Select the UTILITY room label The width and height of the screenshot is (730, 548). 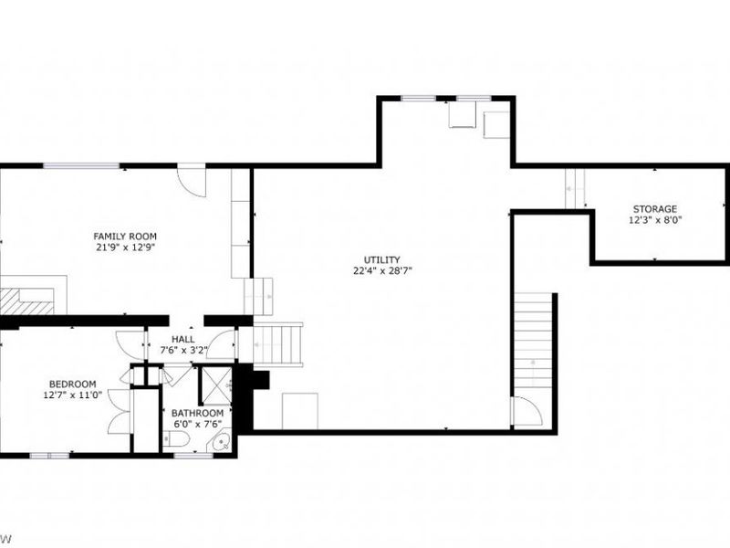(x=381, y=259)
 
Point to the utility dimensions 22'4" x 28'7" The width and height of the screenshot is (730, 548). (x=381, y=271)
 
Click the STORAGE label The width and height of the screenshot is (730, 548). (x=655, y=209)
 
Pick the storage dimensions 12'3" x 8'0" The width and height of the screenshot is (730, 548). (x=655, y=220)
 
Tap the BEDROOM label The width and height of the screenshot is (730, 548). (x=72, y=384)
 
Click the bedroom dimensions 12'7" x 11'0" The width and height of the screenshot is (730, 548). (x=72, y=395)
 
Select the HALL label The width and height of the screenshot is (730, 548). (x=183, y=339)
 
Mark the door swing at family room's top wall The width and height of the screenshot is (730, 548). (x=192, y=177)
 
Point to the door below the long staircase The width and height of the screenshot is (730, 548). (x=527, y=412)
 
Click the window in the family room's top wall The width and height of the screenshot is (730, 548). (x=82, y=165)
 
